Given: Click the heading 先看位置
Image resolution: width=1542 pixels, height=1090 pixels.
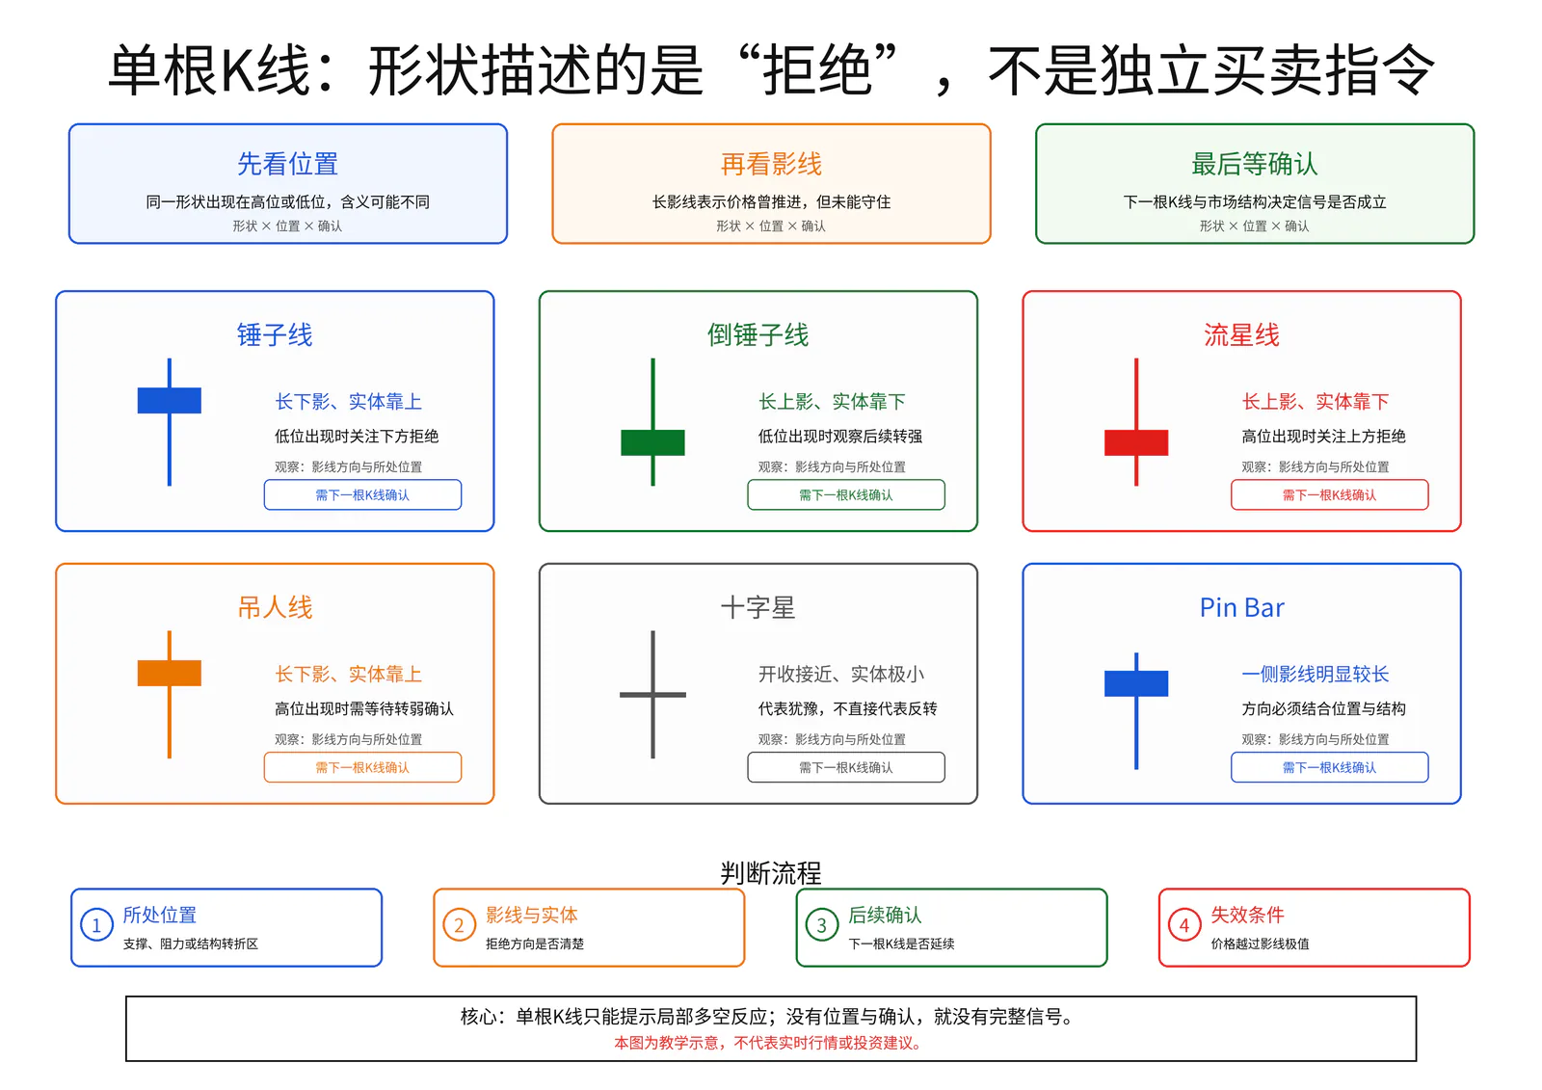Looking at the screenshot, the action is pyautogui.click(x=288, y=164).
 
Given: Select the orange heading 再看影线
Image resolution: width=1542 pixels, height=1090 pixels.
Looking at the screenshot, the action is pyautogui.click(x=771, y=164).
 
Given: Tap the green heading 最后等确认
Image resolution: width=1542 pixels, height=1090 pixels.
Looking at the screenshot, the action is pyautogui.click(x=1254, y=164).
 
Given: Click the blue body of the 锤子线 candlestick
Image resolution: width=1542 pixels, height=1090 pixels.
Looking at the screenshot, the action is pyautogui.click(x=170, y=400).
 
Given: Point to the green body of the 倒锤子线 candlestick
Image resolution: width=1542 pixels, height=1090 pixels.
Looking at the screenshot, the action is pyautogui.click(x=652, y=442).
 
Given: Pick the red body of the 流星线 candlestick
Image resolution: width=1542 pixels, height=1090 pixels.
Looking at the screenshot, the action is pyautogui.click(x=1136, y=442).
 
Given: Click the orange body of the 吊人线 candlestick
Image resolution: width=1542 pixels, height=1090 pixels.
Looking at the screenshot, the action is pyautogui.click(x=170, y=673).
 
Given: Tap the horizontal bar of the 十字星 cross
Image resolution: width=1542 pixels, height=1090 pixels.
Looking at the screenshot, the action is pyautogui.click(x=652, y=695).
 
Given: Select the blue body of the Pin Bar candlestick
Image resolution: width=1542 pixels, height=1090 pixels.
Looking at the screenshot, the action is pyautogui.click(x=1136, y=683).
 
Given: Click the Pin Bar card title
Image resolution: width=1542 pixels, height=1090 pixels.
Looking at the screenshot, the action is pyautogui.click(x=1242, y=607).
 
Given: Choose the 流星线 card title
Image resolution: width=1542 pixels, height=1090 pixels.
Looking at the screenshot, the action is pyautogui.click(x=1241, y=334).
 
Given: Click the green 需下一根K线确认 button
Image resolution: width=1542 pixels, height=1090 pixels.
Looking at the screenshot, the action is pyautogui.click(x=846, y=494).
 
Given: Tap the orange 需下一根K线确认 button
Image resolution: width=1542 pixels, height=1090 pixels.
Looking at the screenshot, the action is pyautogui.click(x=362, y=767).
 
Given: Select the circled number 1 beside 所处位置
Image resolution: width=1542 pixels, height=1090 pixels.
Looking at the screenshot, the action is pyautogui.click(x=97, y=925).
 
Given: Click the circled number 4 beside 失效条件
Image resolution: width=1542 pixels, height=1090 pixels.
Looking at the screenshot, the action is pyautogui.click(x=1184, y=925).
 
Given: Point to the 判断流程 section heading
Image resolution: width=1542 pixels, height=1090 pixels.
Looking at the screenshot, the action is pyautogui.click(x=771, y=873).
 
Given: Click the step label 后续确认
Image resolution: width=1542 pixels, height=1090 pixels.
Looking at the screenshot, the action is pyautogui.click(x=885, y=915).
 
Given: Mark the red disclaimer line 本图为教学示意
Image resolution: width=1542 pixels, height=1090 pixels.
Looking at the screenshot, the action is pyautogui.click(x=767, y=1043).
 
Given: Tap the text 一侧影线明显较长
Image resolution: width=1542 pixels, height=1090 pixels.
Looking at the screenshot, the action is pyautogui.click(x=1315, y=674).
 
